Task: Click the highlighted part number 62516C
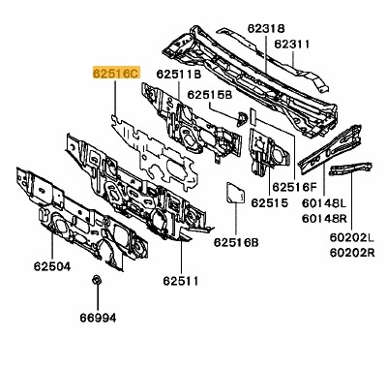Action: click(115, 73)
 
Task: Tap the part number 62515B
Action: click(210, 95)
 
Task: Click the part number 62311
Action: click(293, 44)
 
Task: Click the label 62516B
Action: click(237, 242)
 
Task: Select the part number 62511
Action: click(181, 281)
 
